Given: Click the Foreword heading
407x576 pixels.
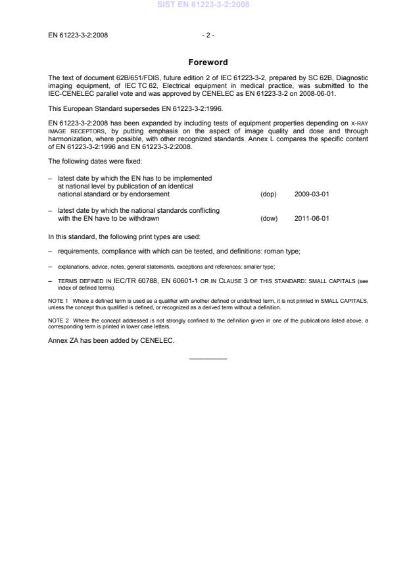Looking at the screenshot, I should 208,62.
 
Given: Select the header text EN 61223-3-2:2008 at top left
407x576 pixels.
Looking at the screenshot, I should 78,35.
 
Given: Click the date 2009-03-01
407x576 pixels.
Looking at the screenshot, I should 312,194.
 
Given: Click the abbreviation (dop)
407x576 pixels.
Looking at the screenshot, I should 268,194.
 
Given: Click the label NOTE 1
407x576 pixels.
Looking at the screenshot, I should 58,301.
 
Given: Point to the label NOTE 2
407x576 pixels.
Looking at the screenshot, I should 58,319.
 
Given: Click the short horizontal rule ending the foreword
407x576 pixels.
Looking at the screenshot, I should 208,358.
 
